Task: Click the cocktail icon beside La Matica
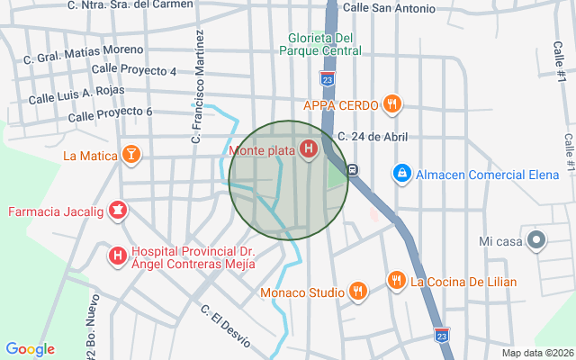(132, 155)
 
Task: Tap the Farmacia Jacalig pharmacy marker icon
(117, 212)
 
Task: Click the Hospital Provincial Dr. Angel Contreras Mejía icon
(117, 256)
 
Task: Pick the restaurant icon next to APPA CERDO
(391, 104)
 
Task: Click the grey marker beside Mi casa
(536, 240)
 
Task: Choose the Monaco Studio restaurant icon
(358, 292)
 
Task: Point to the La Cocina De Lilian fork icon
(396, 281)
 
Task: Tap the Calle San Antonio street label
(389, 8)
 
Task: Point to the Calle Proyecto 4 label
(134, 69)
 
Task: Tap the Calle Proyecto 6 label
(110, 114)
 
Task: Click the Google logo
(30, 349)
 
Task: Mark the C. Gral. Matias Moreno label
(84, 53)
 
